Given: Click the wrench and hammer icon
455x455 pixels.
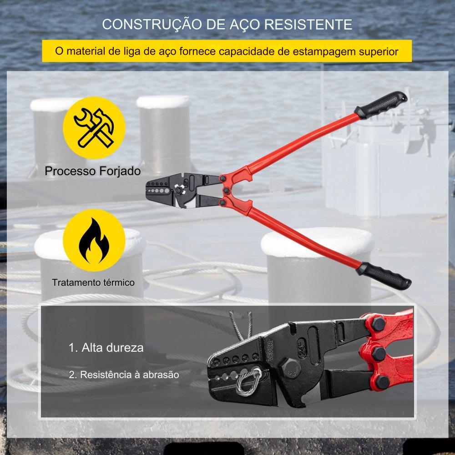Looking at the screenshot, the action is pos(94,128).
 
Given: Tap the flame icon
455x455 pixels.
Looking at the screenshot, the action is pos(94,241).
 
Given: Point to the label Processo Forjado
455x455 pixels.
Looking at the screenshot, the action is pos(93,171).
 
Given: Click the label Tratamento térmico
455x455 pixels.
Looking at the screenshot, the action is pos(93,283).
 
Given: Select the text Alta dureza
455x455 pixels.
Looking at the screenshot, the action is pos(106,348).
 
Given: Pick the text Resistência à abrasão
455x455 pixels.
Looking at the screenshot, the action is pos(124,374).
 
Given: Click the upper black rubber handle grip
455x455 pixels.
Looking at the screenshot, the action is pos(380,105).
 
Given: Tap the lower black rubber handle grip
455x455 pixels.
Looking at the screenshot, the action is pos(383,276).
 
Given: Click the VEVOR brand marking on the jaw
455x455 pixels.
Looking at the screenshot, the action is pos(270,350).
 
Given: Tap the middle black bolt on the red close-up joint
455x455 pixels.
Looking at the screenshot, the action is pos(379,354).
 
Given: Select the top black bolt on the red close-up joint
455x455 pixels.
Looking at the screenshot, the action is pos(379,324).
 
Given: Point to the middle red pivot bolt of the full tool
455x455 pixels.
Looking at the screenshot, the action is pos(226,191).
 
